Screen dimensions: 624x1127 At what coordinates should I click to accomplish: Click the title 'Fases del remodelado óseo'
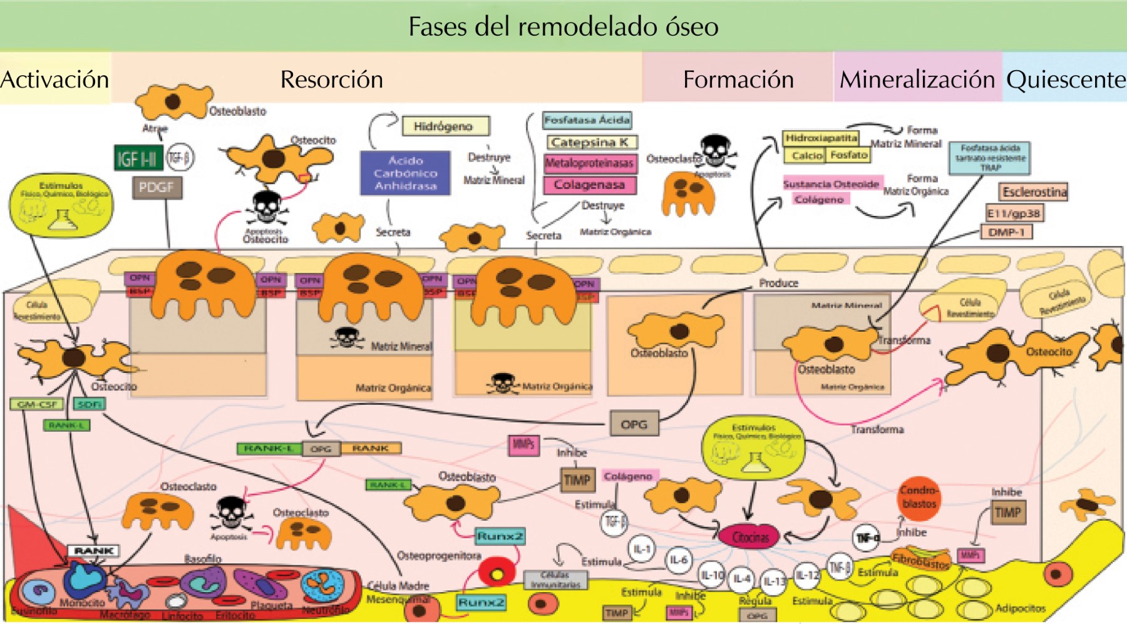coord(563,26)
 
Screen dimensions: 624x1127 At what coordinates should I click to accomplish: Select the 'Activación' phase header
coord(55,79)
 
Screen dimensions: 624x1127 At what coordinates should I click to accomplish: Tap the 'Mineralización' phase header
coord(917,79)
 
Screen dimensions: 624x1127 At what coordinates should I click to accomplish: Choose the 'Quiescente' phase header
coord(1065,79)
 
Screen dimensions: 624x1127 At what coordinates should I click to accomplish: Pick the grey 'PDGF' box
coord(157,187)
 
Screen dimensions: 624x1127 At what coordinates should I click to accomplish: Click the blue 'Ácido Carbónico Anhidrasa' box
coord(405,173)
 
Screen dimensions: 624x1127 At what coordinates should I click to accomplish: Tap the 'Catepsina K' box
coord(590,142)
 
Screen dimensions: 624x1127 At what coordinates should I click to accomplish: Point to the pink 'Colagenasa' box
coord(589,185)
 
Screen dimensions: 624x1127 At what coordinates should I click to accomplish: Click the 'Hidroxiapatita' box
coord(821,138)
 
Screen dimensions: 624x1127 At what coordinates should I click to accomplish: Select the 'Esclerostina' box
coord(1034,192)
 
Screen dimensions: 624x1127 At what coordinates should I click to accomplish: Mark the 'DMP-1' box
coord(1006,232)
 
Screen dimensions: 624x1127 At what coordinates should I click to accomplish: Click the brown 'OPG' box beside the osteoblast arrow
coord(634,424)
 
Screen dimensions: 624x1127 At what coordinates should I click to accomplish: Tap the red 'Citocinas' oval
coord(750,537)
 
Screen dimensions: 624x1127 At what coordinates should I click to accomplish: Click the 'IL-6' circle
coord(679,560)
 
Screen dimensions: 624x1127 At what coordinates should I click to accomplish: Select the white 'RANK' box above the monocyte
coord(93,551)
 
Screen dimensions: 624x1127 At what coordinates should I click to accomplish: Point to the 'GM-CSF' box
coord(38,404)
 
